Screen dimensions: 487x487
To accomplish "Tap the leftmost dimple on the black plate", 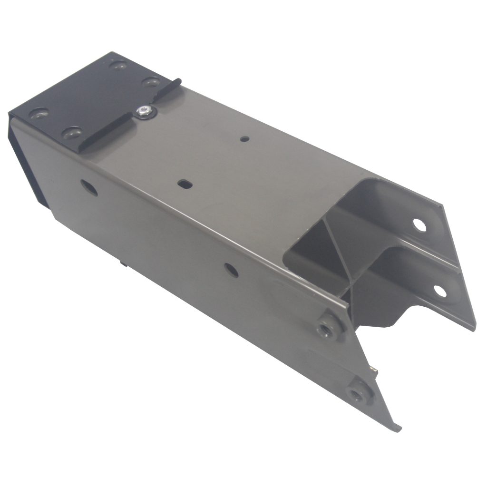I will (x=38, y=115).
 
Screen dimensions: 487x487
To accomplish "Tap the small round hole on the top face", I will (x=244, y=139).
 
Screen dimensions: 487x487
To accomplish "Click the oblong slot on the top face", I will (x=184, y=183).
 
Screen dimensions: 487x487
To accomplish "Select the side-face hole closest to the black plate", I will (x=89, y=187).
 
